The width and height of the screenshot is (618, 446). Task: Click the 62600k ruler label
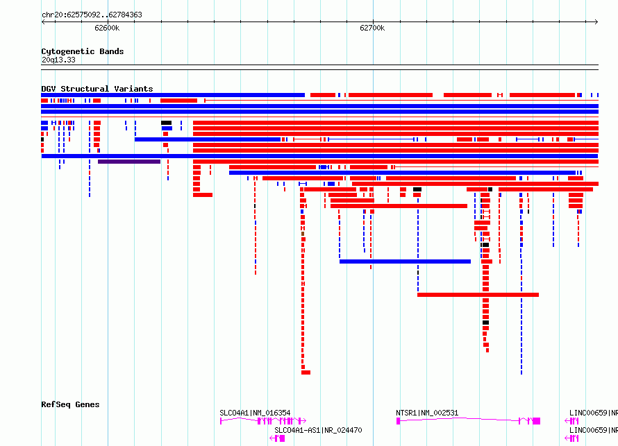point(107,28)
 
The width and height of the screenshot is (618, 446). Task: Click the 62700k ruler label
point(372,28)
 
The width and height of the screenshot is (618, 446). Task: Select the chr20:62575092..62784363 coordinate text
point(92,15)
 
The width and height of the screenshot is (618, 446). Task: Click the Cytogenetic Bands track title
point(83,51)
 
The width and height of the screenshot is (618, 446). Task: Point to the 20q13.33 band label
point(58,60)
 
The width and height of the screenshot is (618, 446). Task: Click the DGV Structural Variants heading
point(97,89)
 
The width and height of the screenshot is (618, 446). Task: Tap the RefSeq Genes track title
point(70,404)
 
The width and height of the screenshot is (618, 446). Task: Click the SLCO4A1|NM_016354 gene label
point(255,413)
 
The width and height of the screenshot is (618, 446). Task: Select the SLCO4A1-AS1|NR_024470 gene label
point(318,430)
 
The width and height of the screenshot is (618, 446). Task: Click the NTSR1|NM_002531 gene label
point(427,413)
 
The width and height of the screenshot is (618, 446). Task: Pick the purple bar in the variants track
point(129,162)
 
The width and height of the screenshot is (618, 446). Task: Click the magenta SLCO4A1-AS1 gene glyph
point(278,438)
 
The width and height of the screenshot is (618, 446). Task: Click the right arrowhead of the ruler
point(596,22)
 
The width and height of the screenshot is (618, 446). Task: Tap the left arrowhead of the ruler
point(43,22)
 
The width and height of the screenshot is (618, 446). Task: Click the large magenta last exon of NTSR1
point(537,421)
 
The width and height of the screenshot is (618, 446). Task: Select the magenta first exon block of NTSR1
point(398,421)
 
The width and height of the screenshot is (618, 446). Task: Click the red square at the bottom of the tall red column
point(306,372)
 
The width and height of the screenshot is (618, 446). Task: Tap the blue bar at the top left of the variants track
point(173,95)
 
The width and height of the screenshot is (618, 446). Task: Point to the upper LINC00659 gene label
point(594,413)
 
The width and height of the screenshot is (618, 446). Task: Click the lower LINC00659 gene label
point(594,430)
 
